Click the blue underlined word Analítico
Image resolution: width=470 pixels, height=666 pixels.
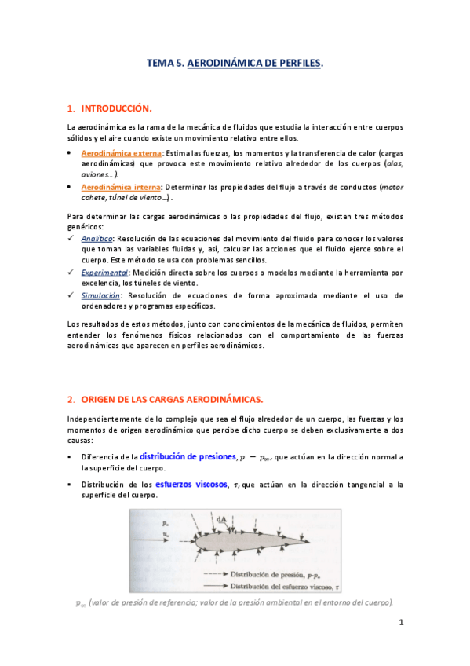click(98, 237)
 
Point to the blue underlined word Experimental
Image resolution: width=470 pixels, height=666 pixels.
click(104, 273)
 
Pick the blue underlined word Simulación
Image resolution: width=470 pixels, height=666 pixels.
click(101, 295)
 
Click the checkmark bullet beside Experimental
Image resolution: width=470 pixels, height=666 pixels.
click(71, 273)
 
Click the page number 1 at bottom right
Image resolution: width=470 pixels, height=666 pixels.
click(400, 623)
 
